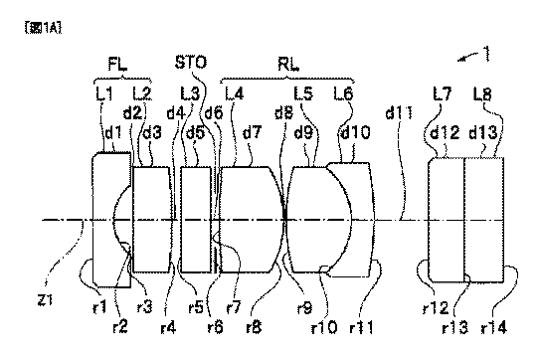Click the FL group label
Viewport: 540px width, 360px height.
point(117,64)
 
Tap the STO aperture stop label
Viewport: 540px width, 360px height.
point(191,63)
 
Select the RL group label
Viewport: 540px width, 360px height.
point(288,64)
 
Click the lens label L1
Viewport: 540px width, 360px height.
point(104,93)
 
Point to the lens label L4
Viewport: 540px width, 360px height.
point(235,93)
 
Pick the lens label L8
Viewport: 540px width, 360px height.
point(482,94)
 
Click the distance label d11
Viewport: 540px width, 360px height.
point(399,112)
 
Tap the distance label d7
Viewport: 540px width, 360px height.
point(253,132)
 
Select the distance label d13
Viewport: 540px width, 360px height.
point(483,132)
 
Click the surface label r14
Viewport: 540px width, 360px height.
point(494,326)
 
